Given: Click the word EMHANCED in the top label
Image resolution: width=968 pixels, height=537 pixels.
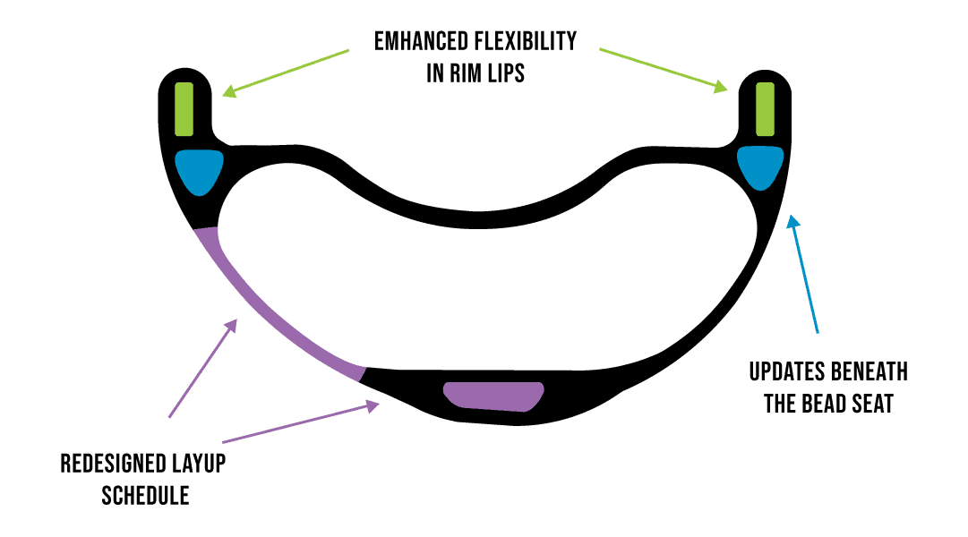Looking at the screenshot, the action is [421, 41].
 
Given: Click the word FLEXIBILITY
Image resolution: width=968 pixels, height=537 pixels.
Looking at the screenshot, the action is [526, 41].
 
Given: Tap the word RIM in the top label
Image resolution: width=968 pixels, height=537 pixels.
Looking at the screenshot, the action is [465, 72].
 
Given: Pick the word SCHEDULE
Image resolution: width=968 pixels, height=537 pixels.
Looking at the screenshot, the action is [146, 496].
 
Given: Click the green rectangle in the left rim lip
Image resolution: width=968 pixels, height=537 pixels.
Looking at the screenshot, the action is [184, 109].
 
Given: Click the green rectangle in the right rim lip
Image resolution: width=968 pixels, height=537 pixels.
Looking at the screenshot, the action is [766, 109].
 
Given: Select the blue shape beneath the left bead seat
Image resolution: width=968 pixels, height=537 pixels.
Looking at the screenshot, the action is [199, 171].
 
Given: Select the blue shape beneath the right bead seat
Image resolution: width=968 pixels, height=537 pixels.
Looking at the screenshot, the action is [760, 167].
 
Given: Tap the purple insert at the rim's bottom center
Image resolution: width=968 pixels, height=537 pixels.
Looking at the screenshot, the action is [494, 396].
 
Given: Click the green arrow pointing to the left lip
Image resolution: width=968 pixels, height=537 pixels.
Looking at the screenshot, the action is [286, 72].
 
